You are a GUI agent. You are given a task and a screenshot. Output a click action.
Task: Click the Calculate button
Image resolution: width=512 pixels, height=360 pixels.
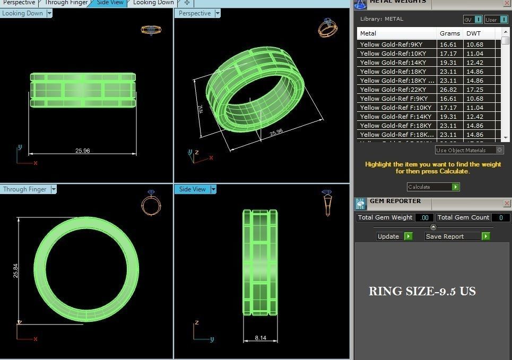(x=433, y=187)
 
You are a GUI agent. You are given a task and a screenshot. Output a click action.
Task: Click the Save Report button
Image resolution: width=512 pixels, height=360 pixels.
(x=457, y=236)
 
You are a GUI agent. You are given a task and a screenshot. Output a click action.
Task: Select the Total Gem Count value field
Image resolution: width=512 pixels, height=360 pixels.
(x=500, y=217)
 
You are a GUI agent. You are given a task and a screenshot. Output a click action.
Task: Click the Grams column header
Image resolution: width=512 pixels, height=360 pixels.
(x=449, y=33)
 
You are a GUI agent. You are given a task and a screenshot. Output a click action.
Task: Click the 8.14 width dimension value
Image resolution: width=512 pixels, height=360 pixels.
(x=261, y=337)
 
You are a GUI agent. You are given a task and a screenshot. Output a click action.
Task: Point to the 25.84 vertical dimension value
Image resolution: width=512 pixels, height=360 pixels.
(x=15, y=271)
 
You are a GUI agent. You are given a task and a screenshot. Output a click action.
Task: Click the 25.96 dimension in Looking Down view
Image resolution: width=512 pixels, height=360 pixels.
(x=82, y=151)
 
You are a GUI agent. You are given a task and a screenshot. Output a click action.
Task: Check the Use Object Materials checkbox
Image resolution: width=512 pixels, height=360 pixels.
(x=499, y=150)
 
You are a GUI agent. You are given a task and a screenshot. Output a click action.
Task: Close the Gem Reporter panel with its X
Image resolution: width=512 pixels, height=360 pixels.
(x=507, y=203)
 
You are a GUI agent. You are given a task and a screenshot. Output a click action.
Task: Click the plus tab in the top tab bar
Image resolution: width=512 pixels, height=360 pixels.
(x=187, y=3)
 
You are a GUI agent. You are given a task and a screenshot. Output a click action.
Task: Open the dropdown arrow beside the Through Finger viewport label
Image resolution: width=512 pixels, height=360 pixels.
(x=54, y=189)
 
